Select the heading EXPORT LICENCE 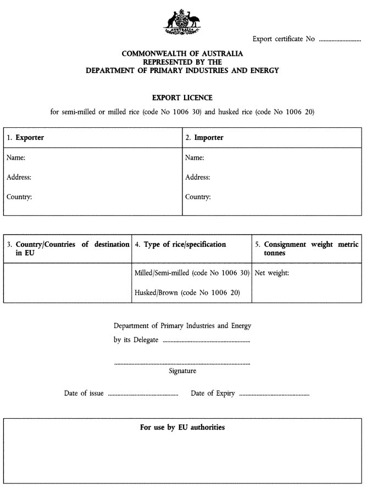pos(182,98)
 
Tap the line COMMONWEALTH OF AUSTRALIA pos(182,54)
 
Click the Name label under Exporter pos(15,158)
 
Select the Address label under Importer pos(197,177)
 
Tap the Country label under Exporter pos(19,196)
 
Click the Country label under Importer pos(198,196)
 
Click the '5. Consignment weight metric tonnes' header pos(307,249)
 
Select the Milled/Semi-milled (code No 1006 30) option pos(192,273)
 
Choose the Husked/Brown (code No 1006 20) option pos(187,292)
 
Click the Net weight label pos(271,273)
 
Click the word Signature pos(182,371)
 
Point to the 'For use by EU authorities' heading pos(182,427)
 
